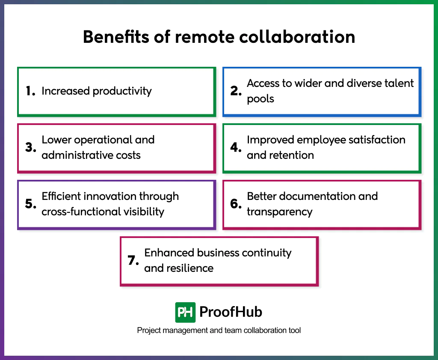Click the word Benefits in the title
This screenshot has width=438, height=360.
111,37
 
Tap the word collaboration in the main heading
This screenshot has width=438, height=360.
297,37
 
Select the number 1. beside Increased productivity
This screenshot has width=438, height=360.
30,91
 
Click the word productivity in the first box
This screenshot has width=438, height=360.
122,91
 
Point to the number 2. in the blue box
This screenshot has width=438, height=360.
236,91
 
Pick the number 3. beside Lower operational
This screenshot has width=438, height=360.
30,148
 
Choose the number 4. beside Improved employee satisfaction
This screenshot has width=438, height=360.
236,148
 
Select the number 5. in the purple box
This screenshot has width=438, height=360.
30,204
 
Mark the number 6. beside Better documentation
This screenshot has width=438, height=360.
236,204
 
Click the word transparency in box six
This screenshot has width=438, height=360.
280,211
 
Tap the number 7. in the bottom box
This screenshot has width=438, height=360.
133,261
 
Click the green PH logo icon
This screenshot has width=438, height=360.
185,312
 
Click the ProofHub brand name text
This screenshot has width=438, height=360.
231,312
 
